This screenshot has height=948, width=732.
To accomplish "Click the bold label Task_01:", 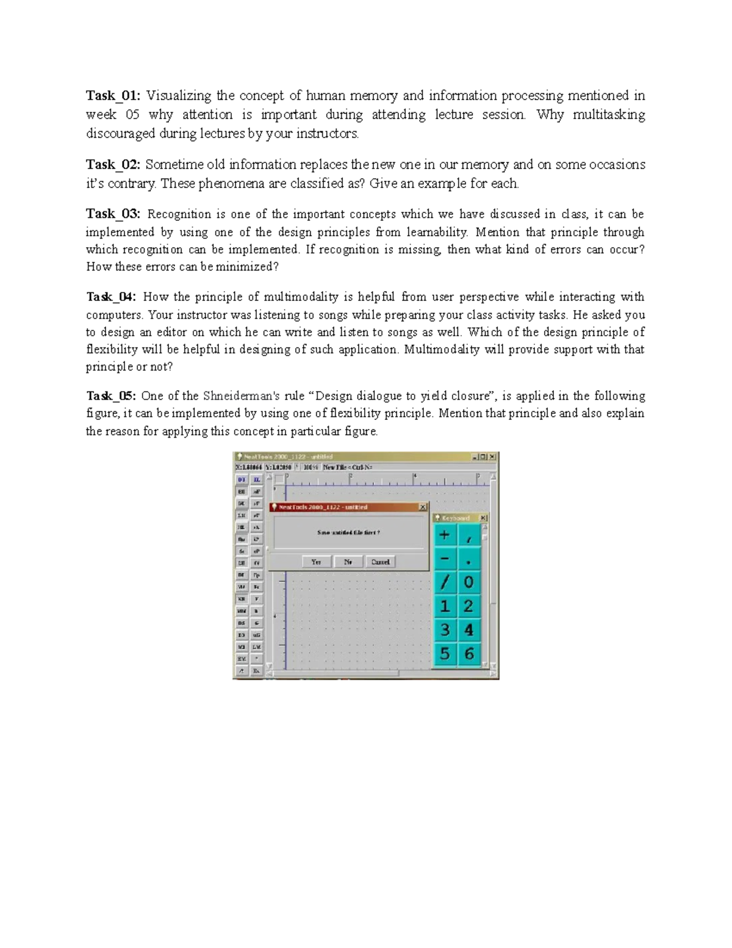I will click(113, 95).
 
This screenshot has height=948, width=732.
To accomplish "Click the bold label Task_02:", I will click(113, 164).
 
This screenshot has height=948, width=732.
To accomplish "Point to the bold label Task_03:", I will click(113, 214).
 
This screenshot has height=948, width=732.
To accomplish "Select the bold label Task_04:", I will click(112, 297).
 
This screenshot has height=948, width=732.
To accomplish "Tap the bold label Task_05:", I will click(112, 396).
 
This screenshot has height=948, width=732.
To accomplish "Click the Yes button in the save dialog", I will click(316, 562).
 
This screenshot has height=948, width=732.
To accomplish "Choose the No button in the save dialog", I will click(348, 562).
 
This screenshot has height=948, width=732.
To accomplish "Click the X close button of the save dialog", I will click(423, 507).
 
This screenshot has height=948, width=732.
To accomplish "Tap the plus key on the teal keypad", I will click(445, 535).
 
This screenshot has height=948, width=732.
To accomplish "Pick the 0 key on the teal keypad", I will click(468, 582).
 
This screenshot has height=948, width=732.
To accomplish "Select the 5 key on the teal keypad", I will click(445, 654).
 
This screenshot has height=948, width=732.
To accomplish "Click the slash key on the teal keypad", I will click(445, 582).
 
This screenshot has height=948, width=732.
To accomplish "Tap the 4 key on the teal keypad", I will click(468, 629).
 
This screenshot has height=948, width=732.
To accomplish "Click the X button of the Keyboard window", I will click(484, 518).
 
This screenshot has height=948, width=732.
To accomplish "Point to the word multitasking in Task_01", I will click(608, 115).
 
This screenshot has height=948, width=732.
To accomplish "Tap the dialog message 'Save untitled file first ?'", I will click(348, 532).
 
